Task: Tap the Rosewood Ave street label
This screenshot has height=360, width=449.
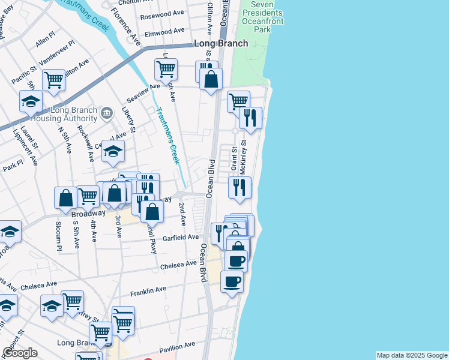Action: click(x=162, y=14)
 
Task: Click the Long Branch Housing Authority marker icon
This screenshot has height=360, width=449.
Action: click(x=107, y=112)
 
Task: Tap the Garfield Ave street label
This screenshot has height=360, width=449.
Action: click(x=184, y=238)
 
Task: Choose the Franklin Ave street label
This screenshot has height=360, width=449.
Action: click(x=148, y=290)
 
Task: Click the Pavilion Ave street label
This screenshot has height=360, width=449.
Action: click(x=177, y=346)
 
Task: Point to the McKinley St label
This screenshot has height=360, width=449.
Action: click(x=243, y=157)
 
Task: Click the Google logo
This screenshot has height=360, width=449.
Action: click(x=20, y=352)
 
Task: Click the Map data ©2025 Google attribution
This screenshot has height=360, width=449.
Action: click(x=411, y=355)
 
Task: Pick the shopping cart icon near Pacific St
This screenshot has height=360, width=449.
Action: click(x=53, y=79)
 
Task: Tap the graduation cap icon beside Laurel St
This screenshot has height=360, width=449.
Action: click(x=31, y=101)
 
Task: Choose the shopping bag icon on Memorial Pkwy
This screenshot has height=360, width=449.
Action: click(x=152, y=211)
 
